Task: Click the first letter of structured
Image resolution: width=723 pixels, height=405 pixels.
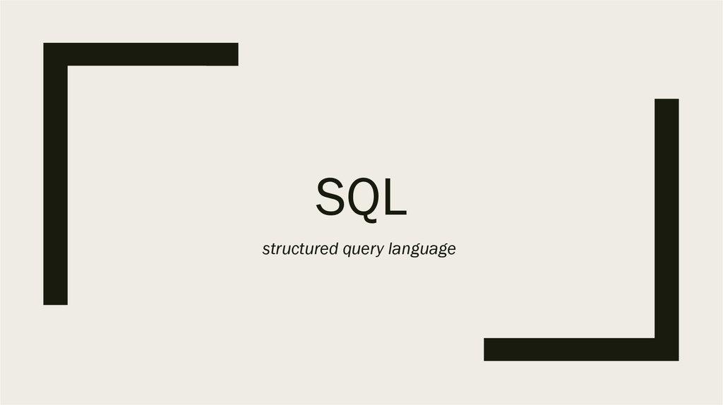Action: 265,250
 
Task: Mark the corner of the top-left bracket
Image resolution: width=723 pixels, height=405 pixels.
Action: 55,54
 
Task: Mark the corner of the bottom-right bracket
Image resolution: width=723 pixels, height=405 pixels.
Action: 667,349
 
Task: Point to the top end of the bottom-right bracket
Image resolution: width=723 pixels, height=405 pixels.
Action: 667,102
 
